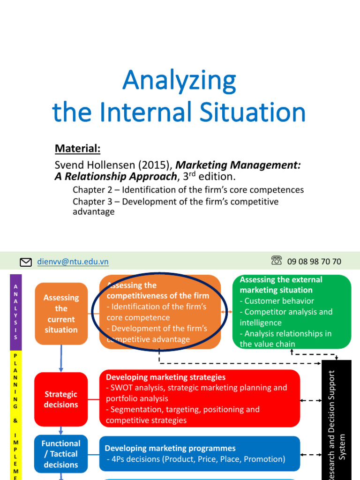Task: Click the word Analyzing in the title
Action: pyautogui.click(x=179, y=81)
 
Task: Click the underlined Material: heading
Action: pyautogui.click(x=78, y=149)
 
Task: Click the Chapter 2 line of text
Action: pyautogui.click(x=188, y=190)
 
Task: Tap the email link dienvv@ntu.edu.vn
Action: pyautogui.click(x=73, y=262)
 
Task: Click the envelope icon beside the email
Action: pyautogui.click(x=26, y=262)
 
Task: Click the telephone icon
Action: pyautogui.click(x=277, y=261)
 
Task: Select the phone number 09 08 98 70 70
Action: pyautogui.click(x=314, y=262)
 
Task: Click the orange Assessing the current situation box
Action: pyautogui.click(x=61, y=314)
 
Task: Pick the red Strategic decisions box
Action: pyautogui.click(x=61, y=399)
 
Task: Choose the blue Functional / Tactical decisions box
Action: pyautogui.click(x=61, y=454)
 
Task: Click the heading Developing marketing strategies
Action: pyautogui.click(x=165, y=377)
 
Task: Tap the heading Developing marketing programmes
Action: pyautogui.click(x=170, y=449)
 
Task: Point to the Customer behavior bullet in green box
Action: pyautogui.click(x=279, y=301)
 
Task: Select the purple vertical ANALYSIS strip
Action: pyautogui.click(x=15, y=312)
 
